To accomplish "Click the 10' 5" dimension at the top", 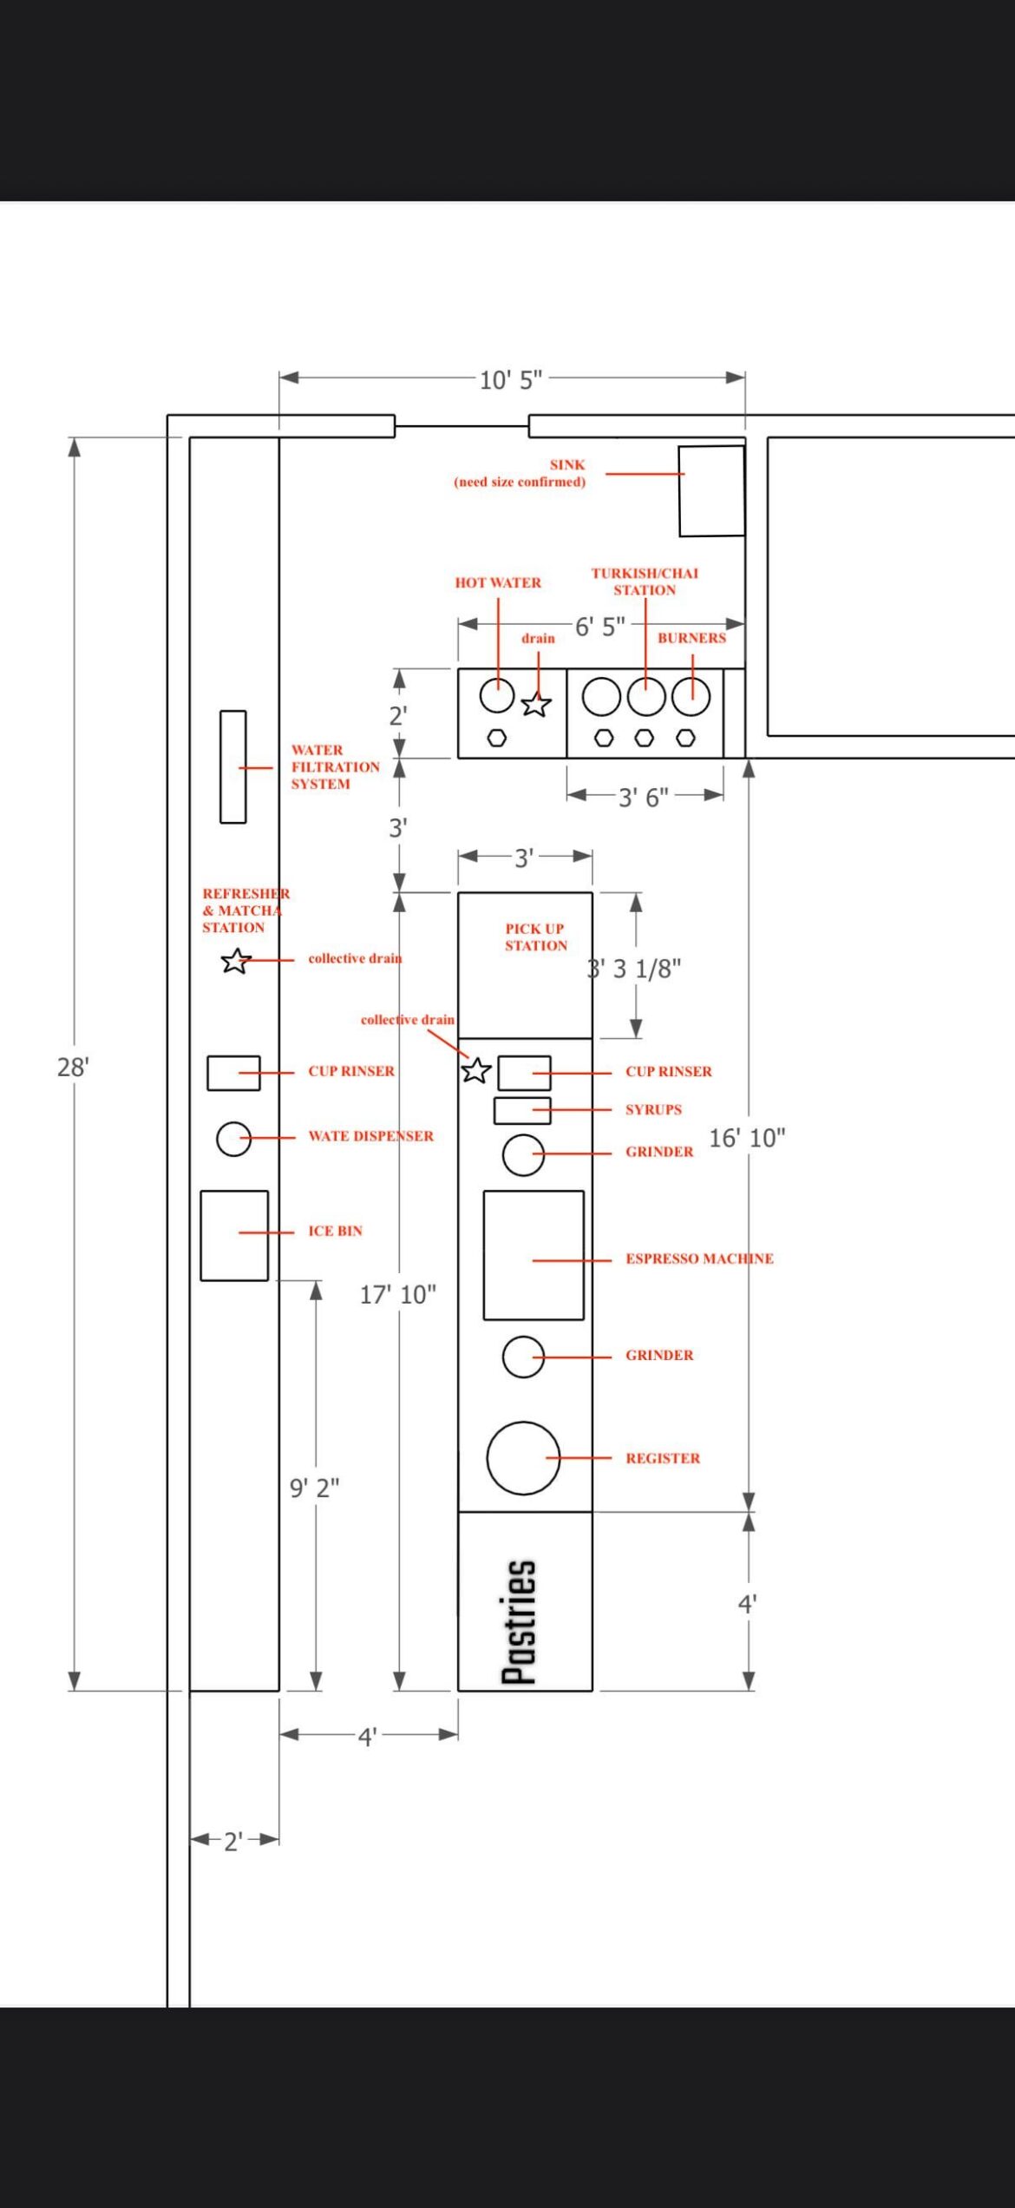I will point(511,379).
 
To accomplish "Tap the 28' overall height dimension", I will point(73,1067).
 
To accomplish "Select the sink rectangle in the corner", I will point(711,490).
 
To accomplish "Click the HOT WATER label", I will point(498,582).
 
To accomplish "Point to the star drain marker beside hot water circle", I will point(536,704).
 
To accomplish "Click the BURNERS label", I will point(691,638).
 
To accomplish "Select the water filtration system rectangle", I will point(232,766).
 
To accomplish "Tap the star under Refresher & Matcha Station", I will point(235,961).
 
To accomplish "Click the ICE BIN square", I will point(234,1235).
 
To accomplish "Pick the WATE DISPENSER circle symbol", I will point(233,1139).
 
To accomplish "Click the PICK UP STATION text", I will point(535,937).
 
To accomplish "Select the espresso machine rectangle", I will point(533,1255).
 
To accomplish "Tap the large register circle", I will point(523,1458).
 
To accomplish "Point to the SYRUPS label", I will point(653,1109).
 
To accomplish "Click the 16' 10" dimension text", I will point(747,1138).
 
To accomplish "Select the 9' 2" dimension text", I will point(314,1488).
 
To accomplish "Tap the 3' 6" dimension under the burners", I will point(643,797).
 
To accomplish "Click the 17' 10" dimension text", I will point(398,1294).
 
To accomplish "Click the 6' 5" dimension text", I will point(599,626).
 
